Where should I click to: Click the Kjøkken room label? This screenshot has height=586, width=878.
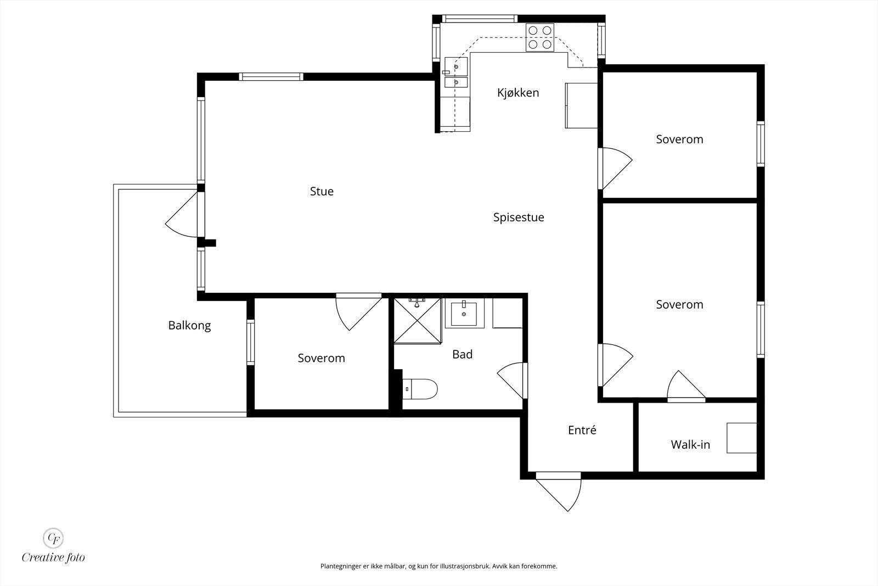tap(518, 93)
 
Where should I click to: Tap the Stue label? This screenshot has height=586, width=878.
tap(322, 191)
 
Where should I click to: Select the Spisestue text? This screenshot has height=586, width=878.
tap(519, 217)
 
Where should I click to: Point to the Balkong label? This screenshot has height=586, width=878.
tap(189, 326)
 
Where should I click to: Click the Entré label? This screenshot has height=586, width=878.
tap(582, 430)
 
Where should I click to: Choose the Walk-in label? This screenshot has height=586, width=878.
tap(690, 444)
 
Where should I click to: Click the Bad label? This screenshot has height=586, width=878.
tap(462, 354)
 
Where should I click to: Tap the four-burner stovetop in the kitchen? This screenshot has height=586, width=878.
tap(540, 37)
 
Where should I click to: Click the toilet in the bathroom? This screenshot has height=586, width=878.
tap(420, 389)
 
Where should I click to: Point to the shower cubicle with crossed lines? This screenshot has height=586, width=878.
tap(418, 320)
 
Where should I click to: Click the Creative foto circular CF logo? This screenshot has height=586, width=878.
tap(53, 538)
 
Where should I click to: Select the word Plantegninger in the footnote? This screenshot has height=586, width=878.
tap(341, 566)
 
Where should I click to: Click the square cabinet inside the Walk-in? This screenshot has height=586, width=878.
tap(741, 438)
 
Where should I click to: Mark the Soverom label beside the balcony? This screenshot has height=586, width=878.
tap(321, 358)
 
